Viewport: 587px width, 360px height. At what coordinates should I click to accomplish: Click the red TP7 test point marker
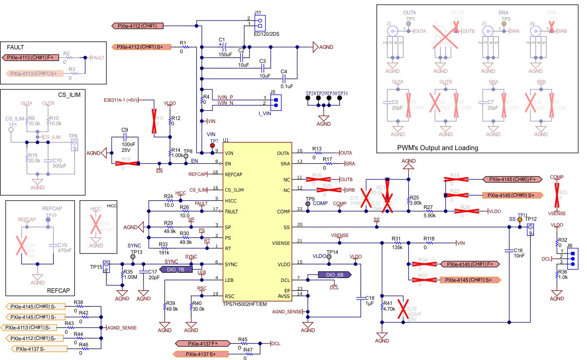click(213, 145)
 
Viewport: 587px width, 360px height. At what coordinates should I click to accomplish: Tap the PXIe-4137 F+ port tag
click(203, 343)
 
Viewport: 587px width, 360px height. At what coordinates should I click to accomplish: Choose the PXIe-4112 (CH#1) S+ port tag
click(140, 47)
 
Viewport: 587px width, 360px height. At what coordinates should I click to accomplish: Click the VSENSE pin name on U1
click(280, 243)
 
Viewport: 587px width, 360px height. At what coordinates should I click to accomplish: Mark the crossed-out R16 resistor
click(126, 163)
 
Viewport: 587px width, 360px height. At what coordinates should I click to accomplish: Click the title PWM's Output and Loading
click(438, 148)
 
